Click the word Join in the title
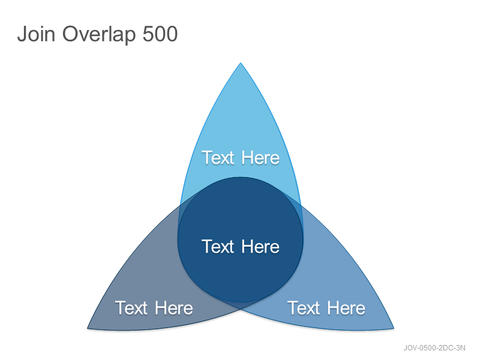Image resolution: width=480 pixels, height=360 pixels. pos(36,34)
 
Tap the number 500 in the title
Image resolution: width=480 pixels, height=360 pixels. pos(160,34)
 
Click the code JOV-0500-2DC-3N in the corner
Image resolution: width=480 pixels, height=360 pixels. pos(434,348)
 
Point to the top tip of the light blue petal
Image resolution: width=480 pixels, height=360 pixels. pos(241,63)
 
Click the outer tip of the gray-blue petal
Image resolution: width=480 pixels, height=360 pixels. pos(88,328)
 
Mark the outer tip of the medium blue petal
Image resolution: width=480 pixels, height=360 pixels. pos(394,328)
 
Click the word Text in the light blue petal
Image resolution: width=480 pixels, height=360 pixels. pos(218,158)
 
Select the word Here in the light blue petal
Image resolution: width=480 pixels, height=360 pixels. pos(260,158)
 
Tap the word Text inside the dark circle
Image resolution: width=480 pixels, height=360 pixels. pos(218,247)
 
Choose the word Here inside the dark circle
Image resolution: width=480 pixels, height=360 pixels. pos(260,247)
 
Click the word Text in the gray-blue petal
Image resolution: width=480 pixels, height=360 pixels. pos(131,308)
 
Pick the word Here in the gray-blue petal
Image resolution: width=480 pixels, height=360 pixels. pos(174,308)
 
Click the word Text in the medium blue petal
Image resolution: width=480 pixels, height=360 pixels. pos(304,308)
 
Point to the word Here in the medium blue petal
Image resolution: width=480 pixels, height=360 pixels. pos(347,308)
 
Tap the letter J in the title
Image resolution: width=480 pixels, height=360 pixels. pos(22,34)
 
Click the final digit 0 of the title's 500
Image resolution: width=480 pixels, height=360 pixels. pos(172,34)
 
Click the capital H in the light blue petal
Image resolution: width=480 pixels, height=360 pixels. pos(247,158)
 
